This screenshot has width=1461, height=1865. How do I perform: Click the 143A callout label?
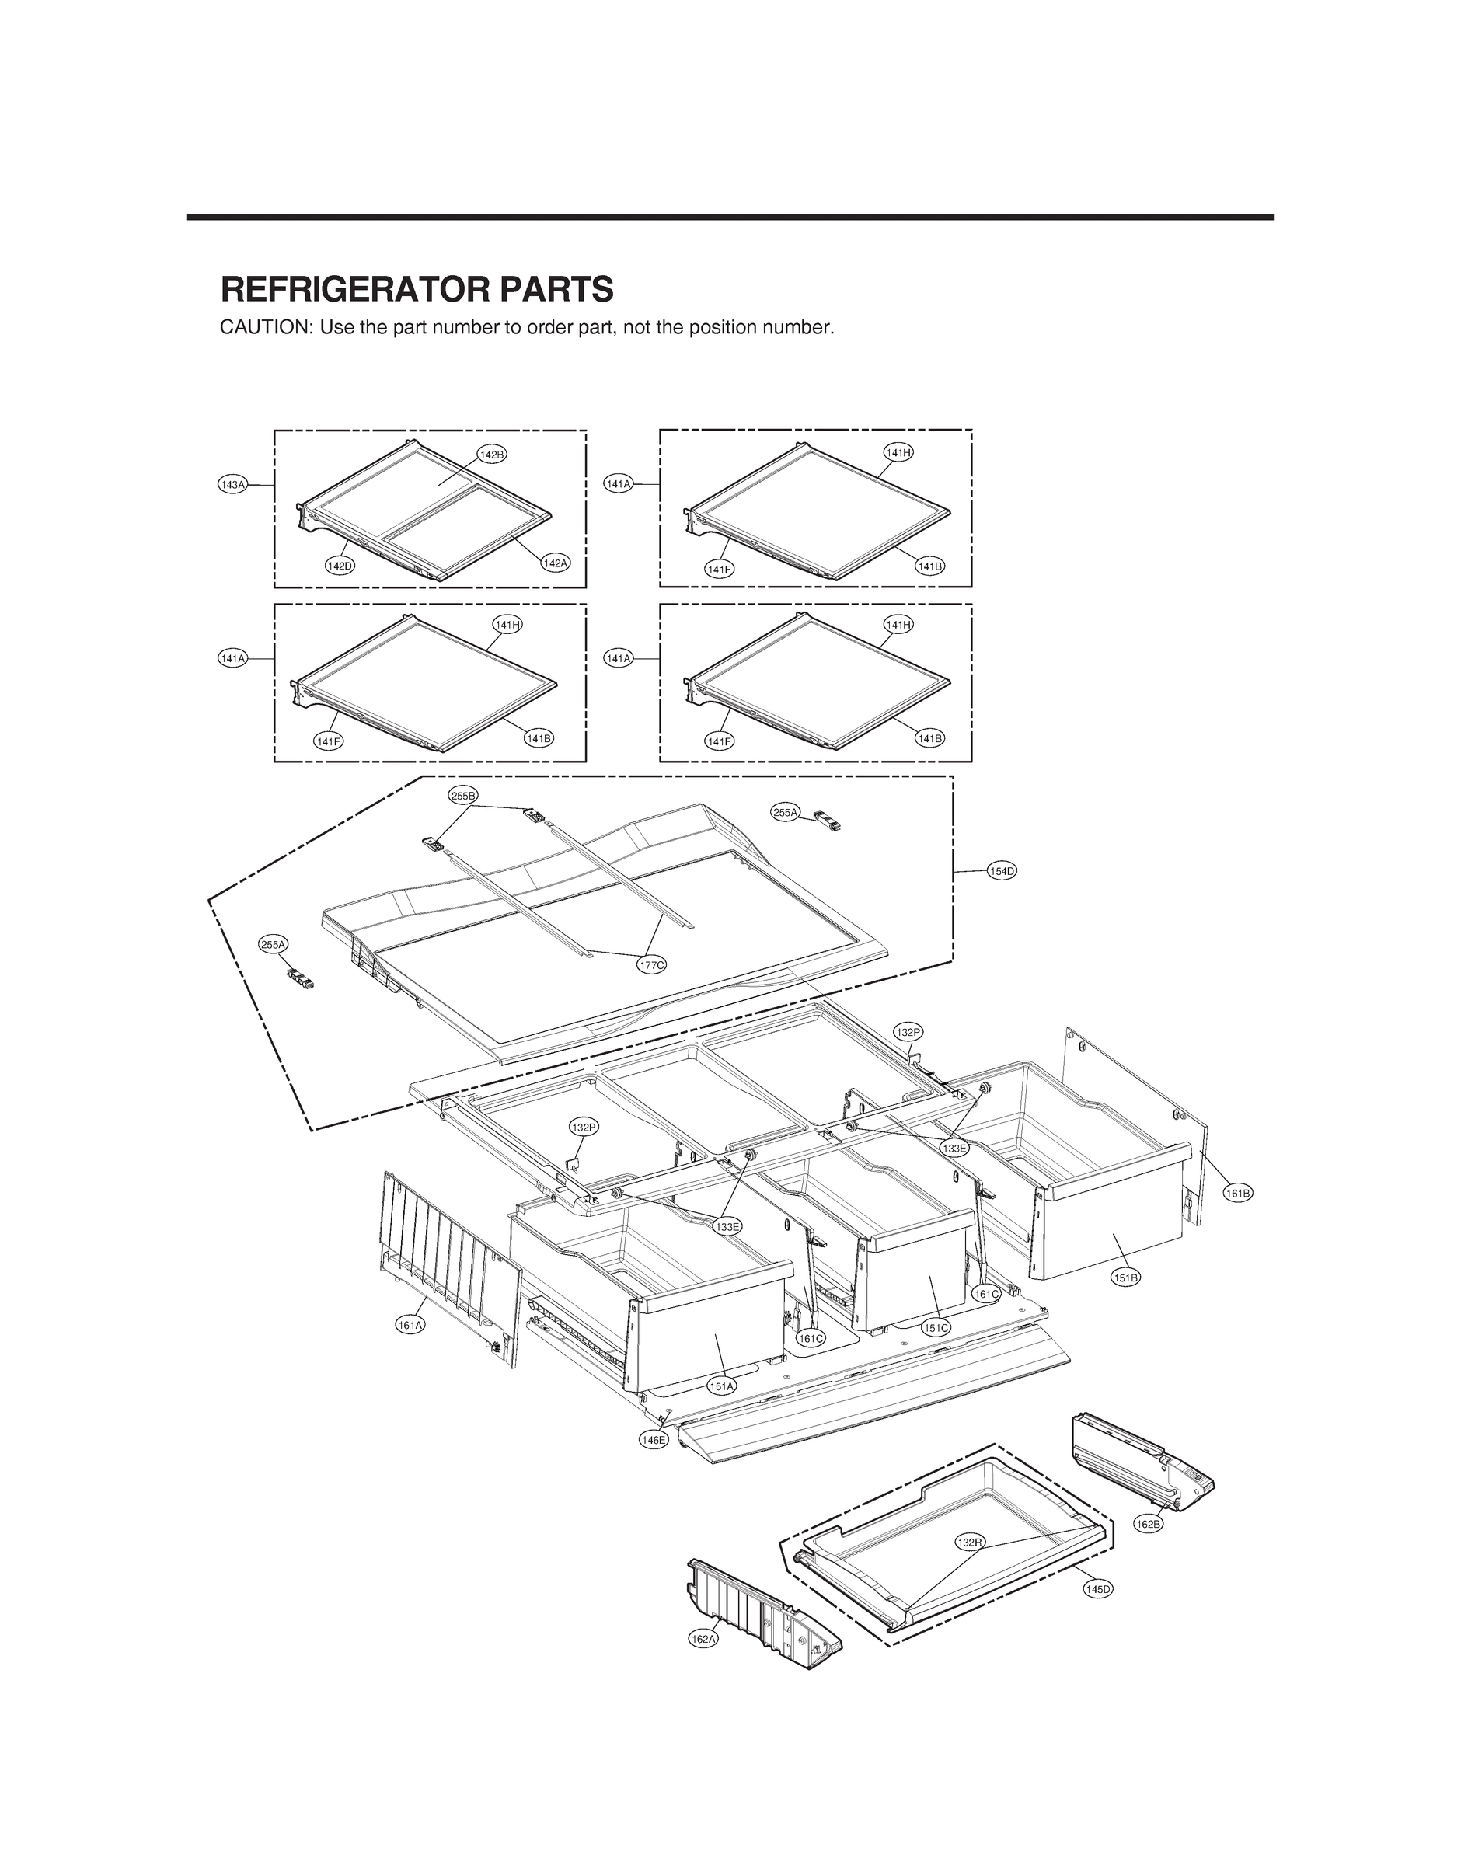coord(232,485)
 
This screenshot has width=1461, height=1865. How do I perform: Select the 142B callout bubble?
coord(492,454)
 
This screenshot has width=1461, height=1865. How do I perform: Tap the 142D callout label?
coord(340,565)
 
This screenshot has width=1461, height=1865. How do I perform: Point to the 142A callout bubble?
coord(555,563)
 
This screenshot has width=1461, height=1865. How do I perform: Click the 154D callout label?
coord(1002,871)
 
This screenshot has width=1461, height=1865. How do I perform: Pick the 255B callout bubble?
coord(462,795)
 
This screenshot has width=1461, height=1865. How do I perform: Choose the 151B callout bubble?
coord(1126,1278)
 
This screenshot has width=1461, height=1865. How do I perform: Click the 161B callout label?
coord(1238,1193)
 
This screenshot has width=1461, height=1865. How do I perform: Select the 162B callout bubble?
coord(1149,1524)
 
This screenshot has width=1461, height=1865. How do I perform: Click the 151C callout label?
coord(936,1328)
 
